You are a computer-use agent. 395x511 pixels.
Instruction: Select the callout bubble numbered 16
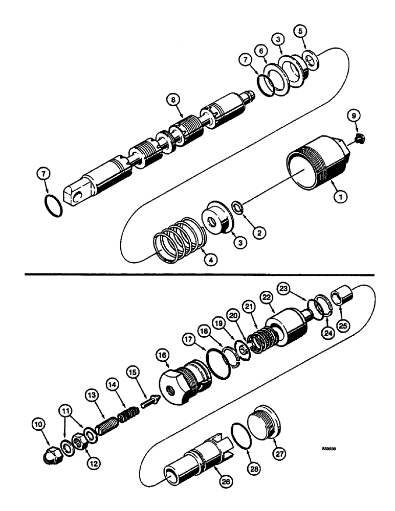164,356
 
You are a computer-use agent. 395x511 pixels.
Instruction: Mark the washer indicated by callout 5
311,59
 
